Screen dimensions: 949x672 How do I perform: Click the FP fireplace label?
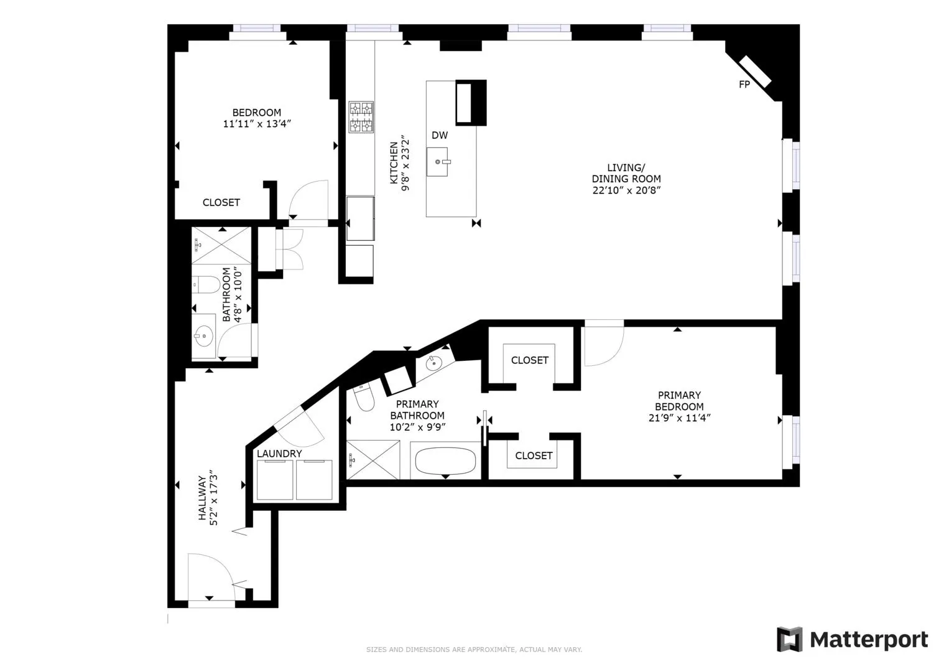tap(744, 85)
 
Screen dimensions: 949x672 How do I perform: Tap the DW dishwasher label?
tap(440, 135)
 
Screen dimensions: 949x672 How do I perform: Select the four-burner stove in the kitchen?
tap(361, 117)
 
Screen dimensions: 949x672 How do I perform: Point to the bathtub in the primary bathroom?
tap(446, 461)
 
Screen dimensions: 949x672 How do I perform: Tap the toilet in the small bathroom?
tap(206, 284)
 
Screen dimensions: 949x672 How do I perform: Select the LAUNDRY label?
tap(279, 454)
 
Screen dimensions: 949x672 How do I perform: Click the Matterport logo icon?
tap(789, 640)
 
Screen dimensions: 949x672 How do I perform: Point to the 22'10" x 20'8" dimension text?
tap(626, 190)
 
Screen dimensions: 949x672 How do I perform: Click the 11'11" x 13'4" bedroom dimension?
tap(257, 124)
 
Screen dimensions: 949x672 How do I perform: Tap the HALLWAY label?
tap(203, 498)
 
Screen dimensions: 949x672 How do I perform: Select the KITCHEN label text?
tap(394, 163)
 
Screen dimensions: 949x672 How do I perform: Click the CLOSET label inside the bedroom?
tap(221, 203)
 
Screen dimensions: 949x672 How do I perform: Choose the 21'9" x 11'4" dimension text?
tap(679, 418)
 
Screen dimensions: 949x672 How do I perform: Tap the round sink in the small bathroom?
tap(204, 336)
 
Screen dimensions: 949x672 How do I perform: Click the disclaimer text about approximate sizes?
tap(474, 650)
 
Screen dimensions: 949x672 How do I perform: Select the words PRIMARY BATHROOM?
tap(417, 410)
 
